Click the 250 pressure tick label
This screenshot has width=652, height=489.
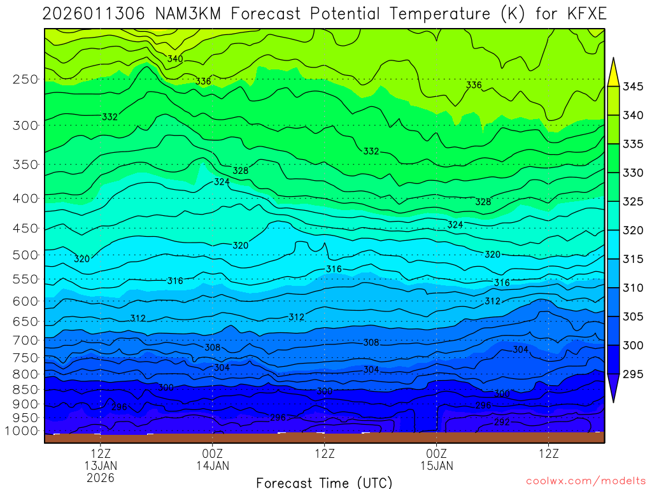click(x=25, y=80)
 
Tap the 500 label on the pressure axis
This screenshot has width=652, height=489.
click(x=25, y=255)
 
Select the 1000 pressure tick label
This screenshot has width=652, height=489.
click(x=23, y=431)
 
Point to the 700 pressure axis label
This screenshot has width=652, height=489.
click(x=25, y=339)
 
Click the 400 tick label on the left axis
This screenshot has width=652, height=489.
click(x=25, y=198)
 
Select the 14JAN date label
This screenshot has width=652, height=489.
click(x=212, y=465)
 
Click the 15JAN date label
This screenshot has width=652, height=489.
click(x=436, y=465)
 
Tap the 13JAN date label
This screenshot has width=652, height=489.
click(x=101, y=465)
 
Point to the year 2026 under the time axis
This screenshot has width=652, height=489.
click(x=101, y=477)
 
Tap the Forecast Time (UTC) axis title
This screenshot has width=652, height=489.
click(x=324, y=482)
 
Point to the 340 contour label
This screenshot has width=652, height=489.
click(x=175, y=59)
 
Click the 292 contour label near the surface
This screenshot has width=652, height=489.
click(x=502, y=422)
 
